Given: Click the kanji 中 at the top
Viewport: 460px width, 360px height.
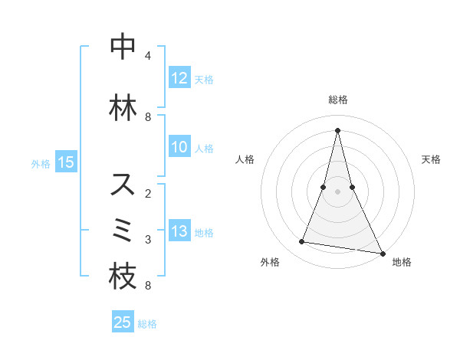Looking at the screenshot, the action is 123,48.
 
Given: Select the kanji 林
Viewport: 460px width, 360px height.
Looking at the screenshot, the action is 123,108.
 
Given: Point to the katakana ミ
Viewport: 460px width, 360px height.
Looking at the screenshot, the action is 123,230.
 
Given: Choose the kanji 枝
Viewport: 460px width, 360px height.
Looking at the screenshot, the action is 123,277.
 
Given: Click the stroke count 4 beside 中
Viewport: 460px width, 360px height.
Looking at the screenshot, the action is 148,56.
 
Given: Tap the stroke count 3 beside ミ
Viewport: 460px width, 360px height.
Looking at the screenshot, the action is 148,239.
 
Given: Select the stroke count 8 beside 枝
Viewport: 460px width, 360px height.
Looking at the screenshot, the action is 148,286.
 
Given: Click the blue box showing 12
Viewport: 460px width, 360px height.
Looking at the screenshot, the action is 179,78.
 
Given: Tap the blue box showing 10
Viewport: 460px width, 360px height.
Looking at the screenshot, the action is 179,147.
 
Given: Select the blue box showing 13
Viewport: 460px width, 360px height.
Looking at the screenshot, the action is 179,231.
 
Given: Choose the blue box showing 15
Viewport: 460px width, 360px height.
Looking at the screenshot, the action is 66,162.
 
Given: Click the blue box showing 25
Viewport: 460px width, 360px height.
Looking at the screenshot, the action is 123,322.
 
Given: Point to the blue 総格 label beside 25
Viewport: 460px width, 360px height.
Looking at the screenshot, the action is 148,324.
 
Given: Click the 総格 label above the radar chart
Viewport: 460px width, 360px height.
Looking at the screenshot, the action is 337,100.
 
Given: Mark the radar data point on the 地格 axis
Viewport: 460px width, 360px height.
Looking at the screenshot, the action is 382,253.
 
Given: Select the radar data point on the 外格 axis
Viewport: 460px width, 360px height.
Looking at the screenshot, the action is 302,242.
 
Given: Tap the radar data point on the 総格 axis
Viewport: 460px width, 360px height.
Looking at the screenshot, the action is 337,129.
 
